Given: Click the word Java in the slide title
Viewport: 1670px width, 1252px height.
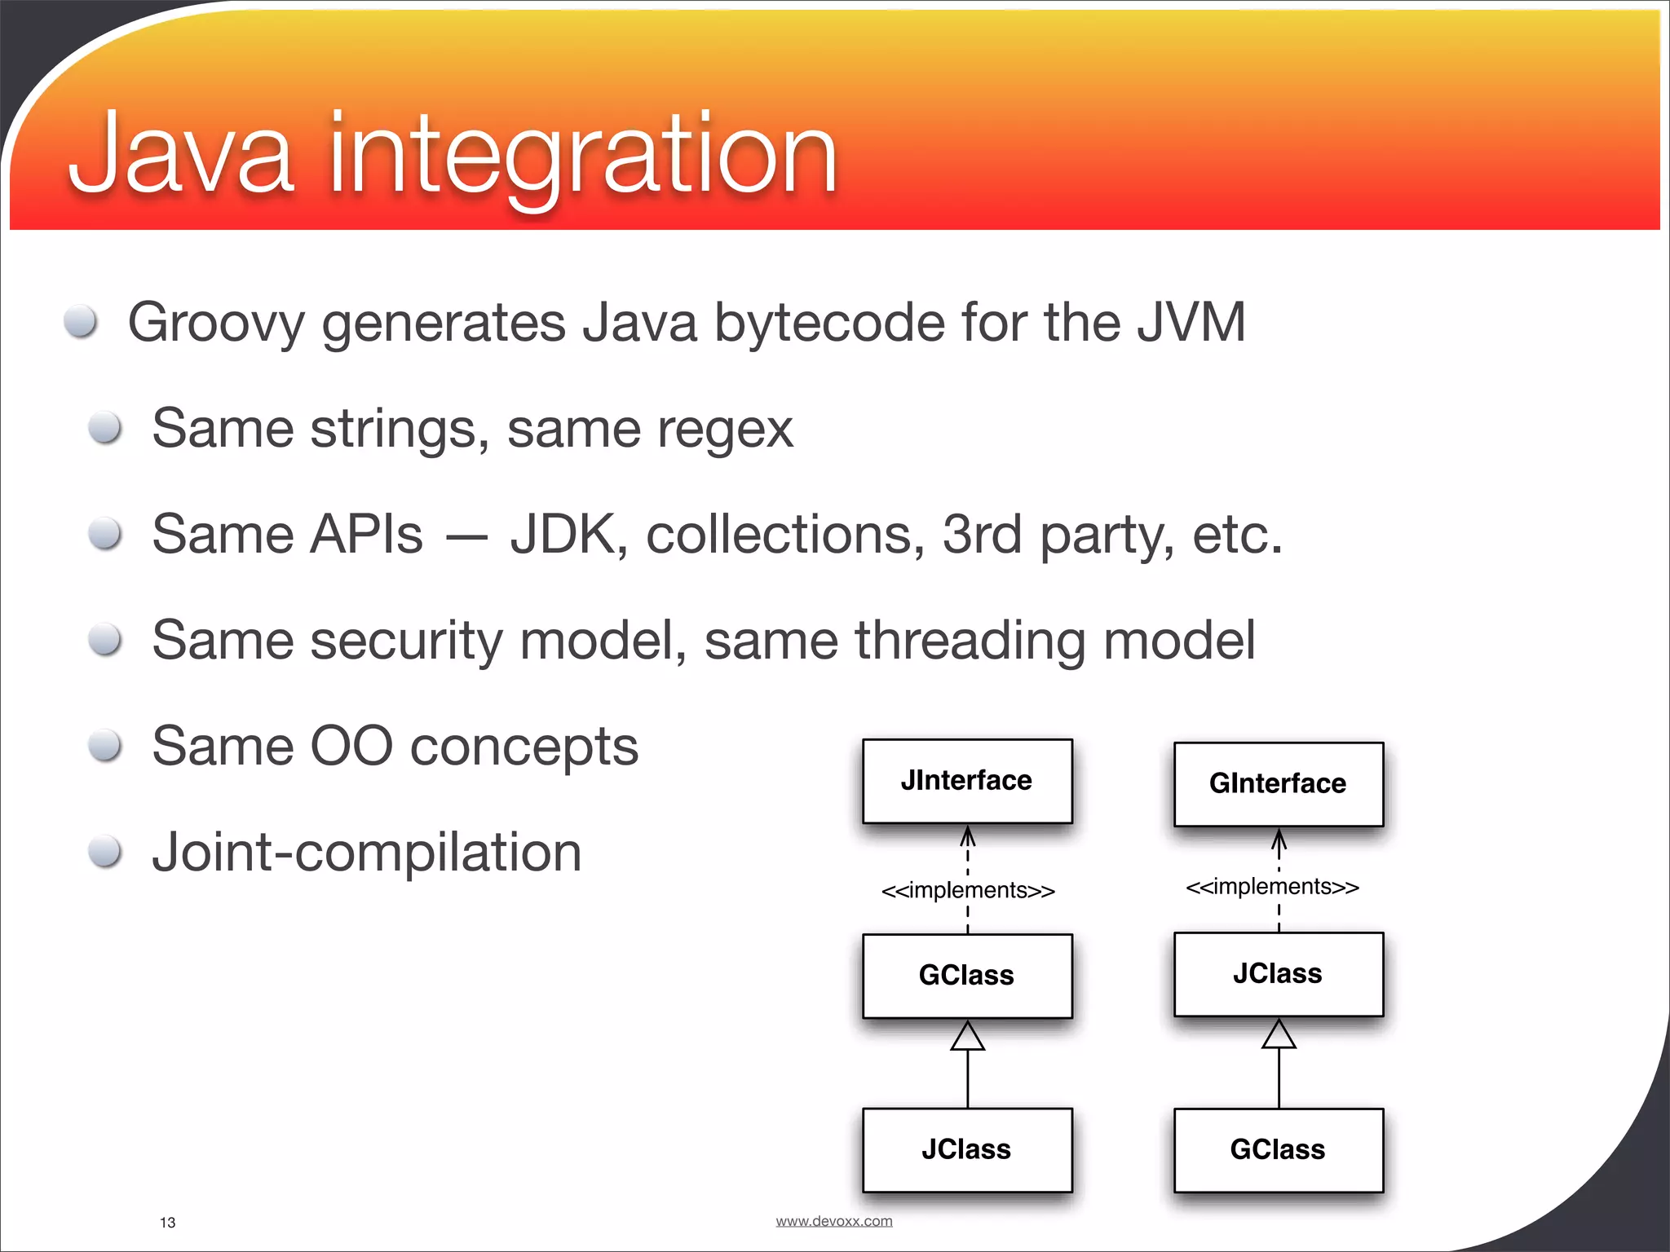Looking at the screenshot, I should [x=181, y=155].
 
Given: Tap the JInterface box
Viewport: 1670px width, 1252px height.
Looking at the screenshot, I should [x=967, y=781].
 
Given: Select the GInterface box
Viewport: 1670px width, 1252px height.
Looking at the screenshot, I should [x=1278, y=783].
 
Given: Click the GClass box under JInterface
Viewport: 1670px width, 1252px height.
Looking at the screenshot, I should [x=967, y=976].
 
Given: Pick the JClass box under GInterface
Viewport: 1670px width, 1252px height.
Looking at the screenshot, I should [x=1278, y=974].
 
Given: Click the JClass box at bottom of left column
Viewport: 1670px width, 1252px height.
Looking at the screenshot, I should [x=967, y=1149].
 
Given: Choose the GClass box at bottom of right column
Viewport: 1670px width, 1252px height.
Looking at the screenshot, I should [x=1278, y=1149].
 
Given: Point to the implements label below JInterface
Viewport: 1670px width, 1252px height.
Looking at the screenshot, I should [x=968, y=890].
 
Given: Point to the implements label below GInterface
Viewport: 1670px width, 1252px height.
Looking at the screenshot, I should [x=1272, y=887].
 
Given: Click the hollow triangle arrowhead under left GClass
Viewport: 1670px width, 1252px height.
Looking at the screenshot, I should [x=968, y=1036].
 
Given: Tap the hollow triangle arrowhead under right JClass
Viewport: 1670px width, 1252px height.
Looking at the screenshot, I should [x=1279, y=1034].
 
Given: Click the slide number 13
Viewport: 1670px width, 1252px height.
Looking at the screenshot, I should [x=168, y=1222].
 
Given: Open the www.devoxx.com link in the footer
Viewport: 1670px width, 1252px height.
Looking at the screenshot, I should [x=833, y=1221].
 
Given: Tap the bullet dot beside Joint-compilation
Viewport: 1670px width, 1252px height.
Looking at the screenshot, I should [x=105, y=852].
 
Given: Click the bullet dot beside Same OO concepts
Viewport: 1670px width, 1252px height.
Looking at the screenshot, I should [x=105, y=745].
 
